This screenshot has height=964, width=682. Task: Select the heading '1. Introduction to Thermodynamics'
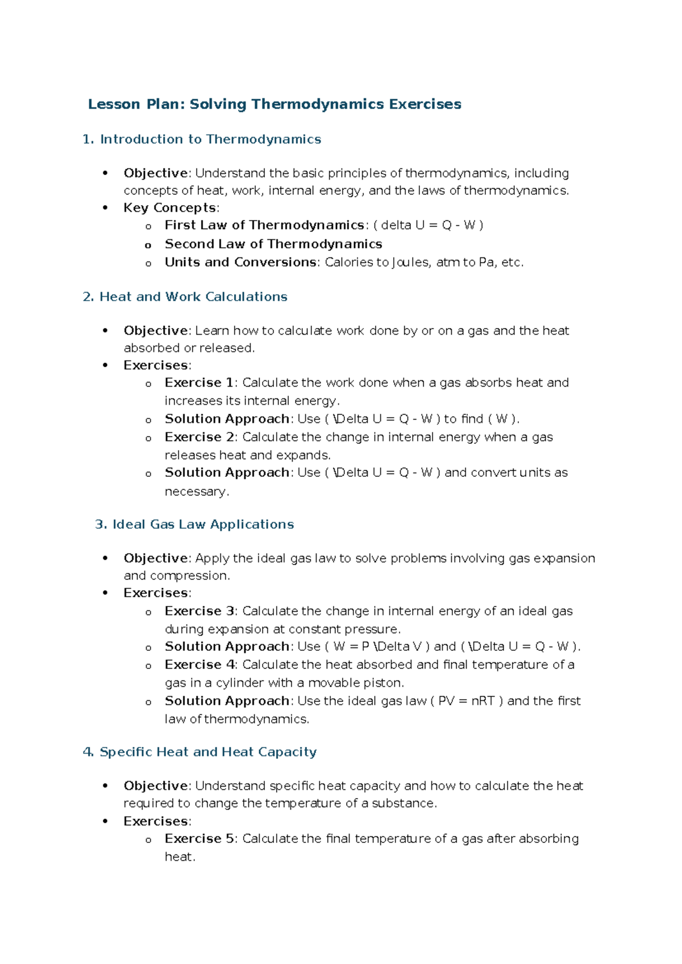click(x=202, y=139)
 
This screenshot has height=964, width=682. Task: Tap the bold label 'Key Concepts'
click(x=170, y=208)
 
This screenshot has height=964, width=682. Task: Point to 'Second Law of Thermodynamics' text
click(x=273, y=244)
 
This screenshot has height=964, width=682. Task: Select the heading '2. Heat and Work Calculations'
click(x=185, y=297)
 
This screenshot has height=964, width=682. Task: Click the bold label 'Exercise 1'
click(x=199, y=383)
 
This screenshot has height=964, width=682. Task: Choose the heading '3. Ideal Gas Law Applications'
click(x=194, y=524)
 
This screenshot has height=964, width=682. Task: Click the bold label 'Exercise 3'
click(x=199, y=611)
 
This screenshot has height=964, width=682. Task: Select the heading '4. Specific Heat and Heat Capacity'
click(x=199, y=752)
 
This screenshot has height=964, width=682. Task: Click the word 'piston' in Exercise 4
click(x=385, y=683)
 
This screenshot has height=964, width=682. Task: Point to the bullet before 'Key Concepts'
click(x=105, y=208)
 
